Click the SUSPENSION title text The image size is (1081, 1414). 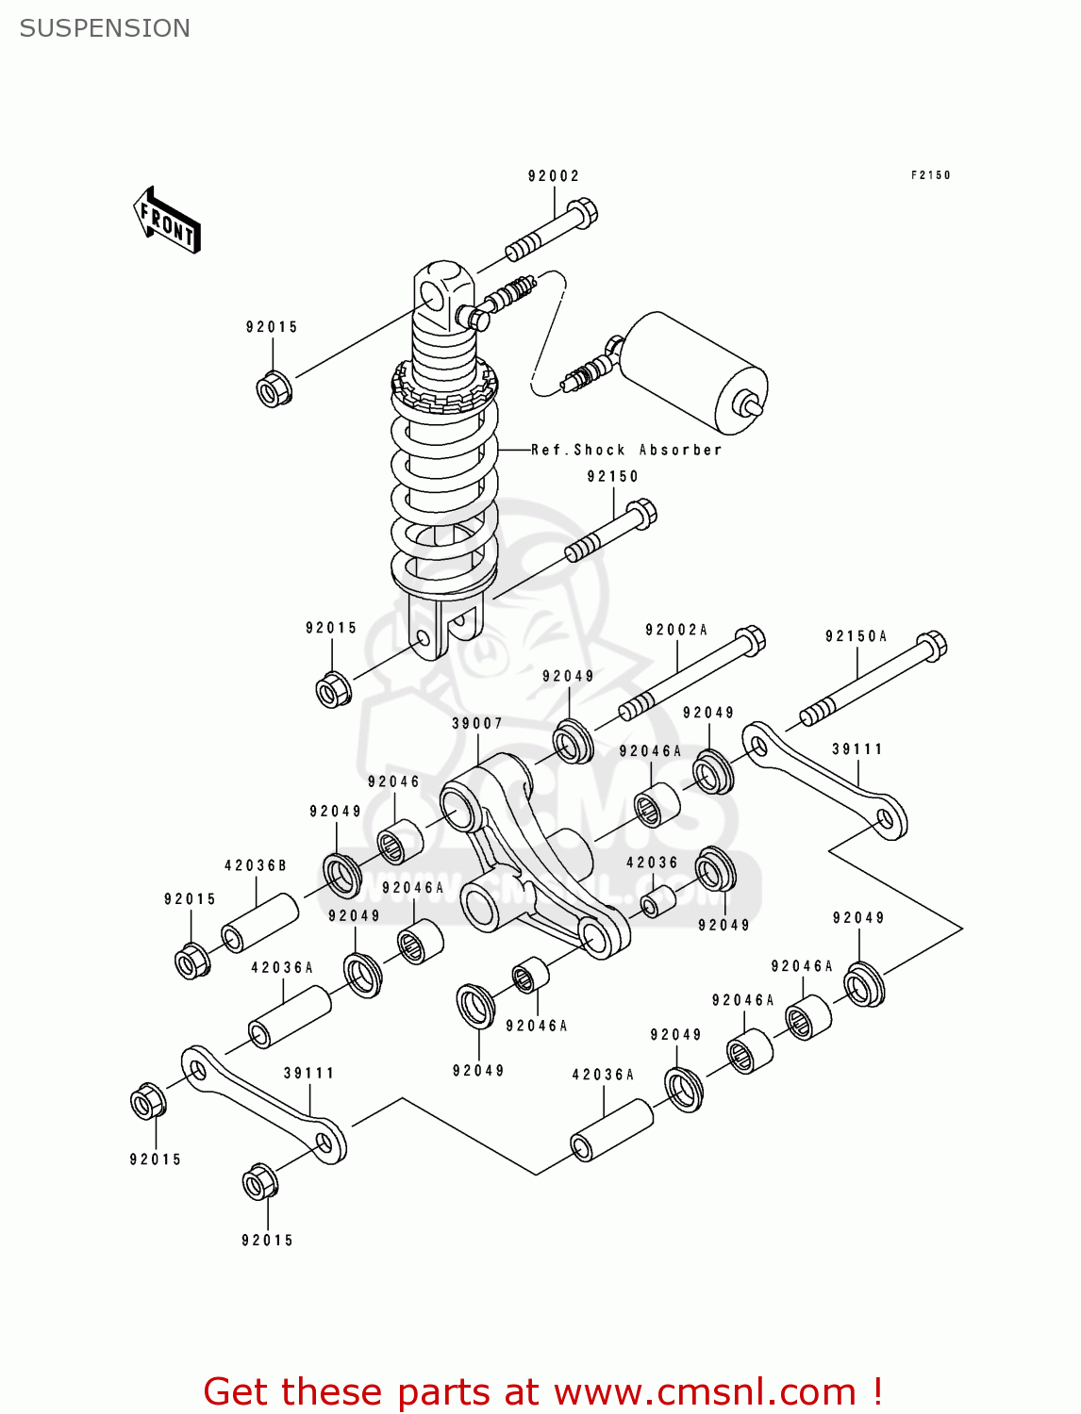coord(105,28)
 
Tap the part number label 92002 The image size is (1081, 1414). coord(554,176)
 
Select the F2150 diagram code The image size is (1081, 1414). coord(930,175)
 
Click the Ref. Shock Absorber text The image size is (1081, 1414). coord(626,451)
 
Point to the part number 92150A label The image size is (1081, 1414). coord(856,636)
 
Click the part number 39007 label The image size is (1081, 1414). coord(477,724)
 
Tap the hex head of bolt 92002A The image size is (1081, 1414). coord(751,640)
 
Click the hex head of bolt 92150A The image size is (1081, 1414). coord(932,646)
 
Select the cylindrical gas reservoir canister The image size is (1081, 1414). coord(693,370)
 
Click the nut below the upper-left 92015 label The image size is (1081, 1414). coord(274,388)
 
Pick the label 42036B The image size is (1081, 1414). coord(255,865)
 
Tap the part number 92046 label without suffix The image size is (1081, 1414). coord(393,781)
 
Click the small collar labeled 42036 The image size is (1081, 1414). coord(657,901)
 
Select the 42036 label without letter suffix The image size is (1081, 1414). coord(652,863)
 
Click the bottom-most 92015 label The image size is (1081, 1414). coord(267,1241)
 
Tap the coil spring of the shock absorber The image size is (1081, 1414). coord(444,490)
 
